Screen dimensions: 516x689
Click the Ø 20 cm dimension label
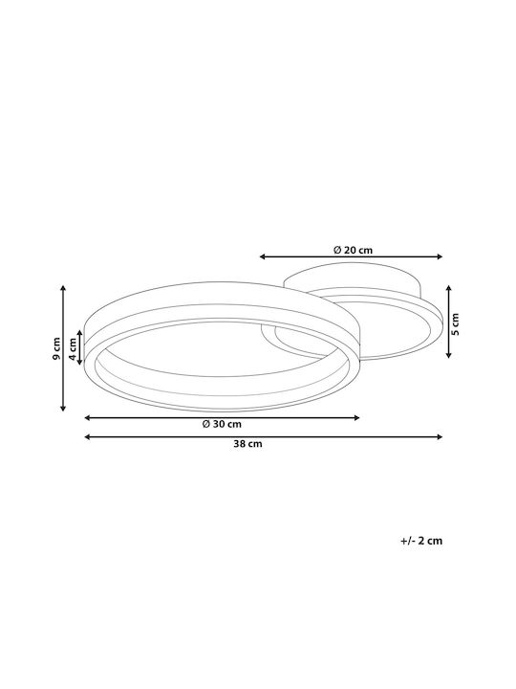pyautogui.click(x=353, y=250)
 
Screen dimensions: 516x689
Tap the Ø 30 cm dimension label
pyautogui.click(x=222, y=424)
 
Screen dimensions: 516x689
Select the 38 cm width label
pyautogui.click(x=247, y=444)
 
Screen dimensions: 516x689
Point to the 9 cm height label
pyautogui.click(x=56, y=348)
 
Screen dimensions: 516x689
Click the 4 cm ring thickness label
pyautogui.click(x=73, y=347)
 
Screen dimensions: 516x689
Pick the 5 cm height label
pyautogui.click(x=455, y=323)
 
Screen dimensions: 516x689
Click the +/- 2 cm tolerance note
pyautogui.click(x=421, y=541)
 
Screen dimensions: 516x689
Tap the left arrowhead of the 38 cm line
pyautogui.click(x=87, y=436)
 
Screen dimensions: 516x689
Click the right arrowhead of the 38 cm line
pyautogui.click(x=440, y=436)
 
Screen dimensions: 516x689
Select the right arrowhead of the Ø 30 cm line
pyautogui.click(x=356, y=418)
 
